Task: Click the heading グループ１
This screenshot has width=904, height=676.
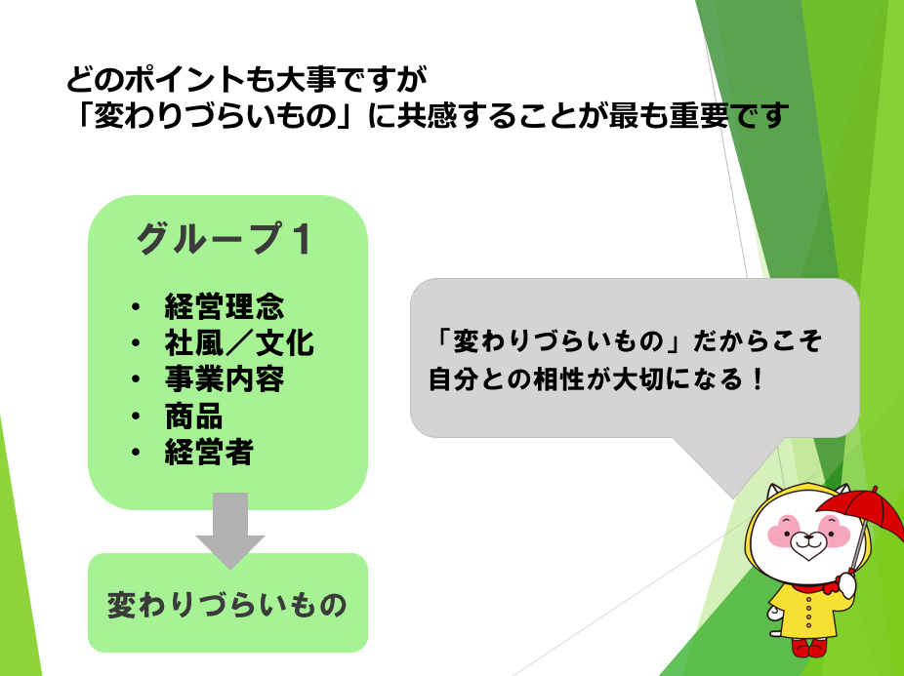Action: (x=225, y=239)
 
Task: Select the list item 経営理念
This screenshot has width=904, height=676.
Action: (x=225, y=306)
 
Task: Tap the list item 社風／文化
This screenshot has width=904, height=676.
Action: (x=239, y=343)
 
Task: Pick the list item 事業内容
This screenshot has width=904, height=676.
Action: (x=225, y=379)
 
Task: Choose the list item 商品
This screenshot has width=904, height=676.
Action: (x=193, y=417)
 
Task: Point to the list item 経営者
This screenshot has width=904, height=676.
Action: (x=209, y=453)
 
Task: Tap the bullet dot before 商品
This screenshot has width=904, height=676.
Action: (x=136, y=417)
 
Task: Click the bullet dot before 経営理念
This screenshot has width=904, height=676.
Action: (x=136, y=306)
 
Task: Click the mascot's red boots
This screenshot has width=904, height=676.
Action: (x=809, y=647)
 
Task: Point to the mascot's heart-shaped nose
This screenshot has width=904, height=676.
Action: (x=808, y=548)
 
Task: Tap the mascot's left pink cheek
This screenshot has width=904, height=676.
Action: (x=782, y=531)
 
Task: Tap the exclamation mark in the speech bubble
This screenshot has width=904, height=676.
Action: (x=759, y=379)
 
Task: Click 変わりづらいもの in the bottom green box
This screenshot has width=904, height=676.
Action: (x=227, y=605)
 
